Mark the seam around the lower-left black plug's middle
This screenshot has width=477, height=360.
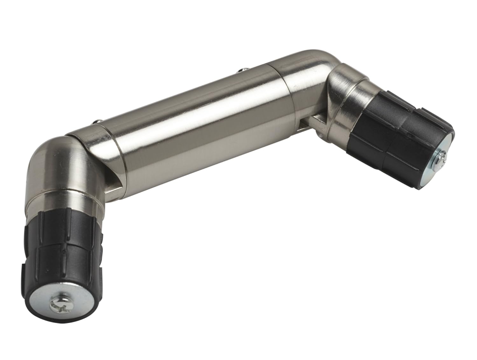point(64,251)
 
